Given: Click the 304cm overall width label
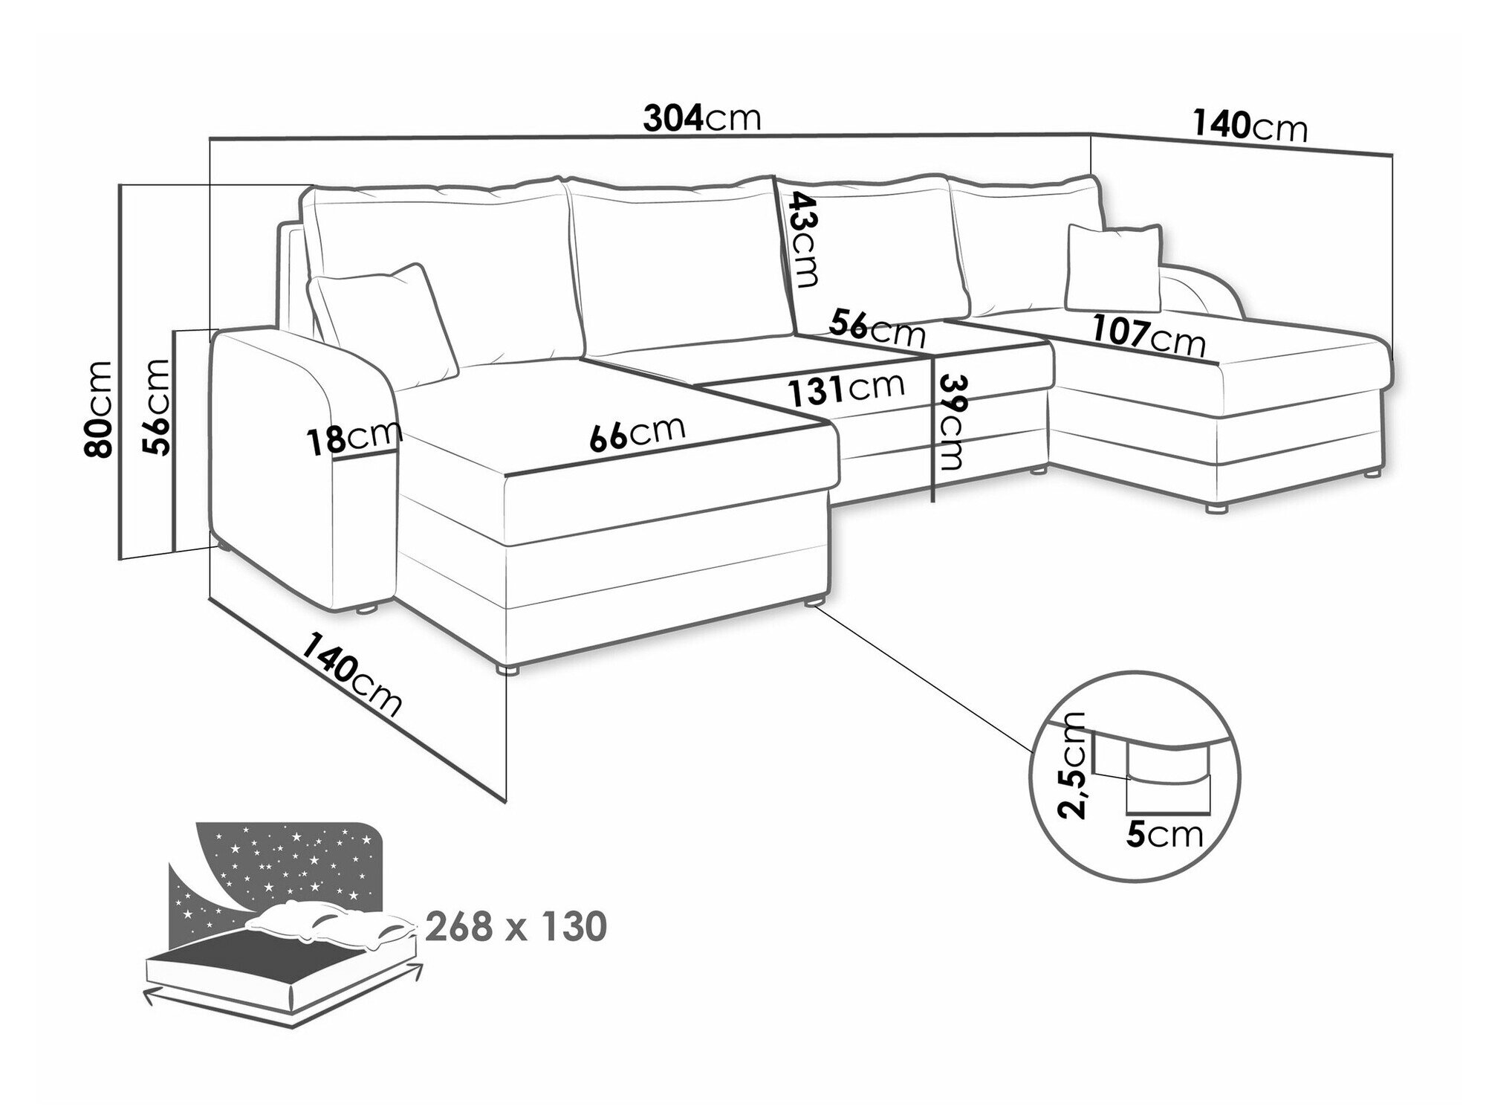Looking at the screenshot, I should point(702,118).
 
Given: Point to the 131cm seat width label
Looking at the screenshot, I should point(847,389).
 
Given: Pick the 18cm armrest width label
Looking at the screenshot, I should point(355,439).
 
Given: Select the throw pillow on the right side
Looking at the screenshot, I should point(1113,268).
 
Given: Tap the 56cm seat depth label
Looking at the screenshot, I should point(877,327).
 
